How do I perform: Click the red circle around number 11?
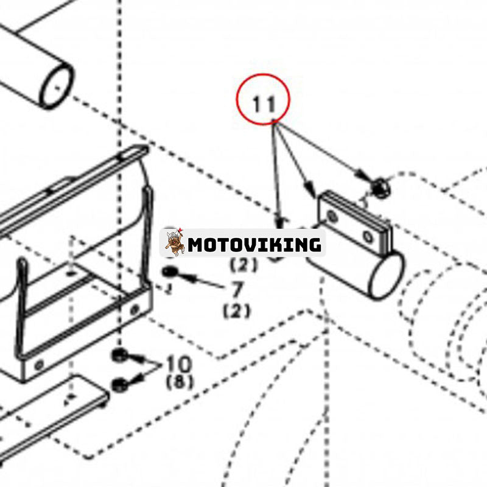263,74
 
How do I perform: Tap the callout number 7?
237,290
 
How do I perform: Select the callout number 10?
178,364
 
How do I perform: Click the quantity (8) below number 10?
180,382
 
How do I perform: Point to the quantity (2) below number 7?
236,311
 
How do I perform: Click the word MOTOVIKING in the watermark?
254,245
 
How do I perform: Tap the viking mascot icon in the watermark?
174,242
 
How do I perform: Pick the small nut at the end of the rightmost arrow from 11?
380,188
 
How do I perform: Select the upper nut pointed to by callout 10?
119,356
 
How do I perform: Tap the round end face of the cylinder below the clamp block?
386,275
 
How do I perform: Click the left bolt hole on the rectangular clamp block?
332,216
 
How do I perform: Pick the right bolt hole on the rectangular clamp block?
368,237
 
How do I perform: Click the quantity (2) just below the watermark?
243,265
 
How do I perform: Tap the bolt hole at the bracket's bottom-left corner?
39,364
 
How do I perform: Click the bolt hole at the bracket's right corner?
135,309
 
